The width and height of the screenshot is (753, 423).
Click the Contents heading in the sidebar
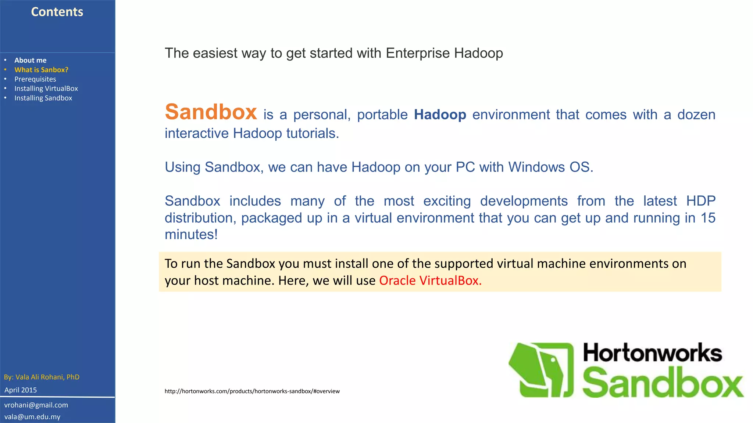coord(57,12)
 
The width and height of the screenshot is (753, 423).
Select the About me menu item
coord(31,60)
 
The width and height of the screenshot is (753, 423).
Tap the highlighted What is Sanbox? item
coord(41,70)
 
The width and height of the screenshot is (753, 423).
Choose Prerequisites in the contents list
coord(35,79)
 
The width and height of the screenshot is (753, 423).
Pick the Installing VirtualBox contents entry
coord(46,88)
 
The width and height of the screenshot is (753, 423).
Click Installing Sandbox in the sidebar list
coord(43,98)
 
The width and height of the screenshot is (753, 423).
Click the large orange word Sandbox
coord(211,112)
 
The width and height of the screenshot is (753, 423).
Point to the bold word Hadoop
coord(440,115)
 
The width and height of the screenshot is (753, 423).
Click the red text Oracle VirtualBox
coord(430,281)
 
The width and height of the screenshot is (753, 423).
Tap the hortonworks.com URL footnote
coord(252,391)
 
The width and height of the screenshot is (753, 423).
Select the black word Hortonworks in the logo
coord(652,353)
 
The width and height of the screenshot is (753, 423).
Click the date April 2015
coord(21,390)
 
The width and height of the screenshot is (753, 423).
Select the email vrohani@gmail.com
coord(36,405)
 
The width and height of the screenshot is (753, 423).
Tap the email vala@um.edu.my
coord(32,417)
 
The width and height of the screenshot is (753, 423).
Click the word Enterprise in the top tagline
coord(418,53)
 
